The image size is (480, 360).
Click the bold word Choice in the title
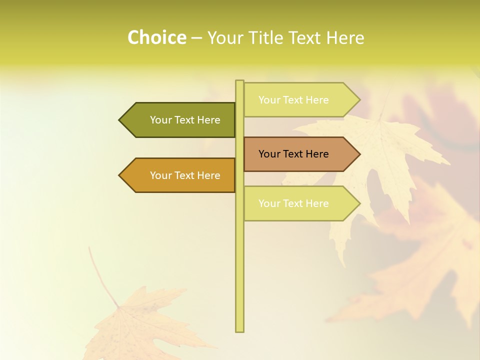[156, 37]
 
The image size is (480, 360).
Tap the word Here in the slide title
[345, 38]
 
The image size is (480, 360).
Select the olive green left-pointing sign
[180, 120]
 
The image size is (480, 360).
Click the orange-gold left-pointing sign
[180, 175]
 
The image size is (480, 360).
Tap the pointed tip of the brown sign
[359, 154]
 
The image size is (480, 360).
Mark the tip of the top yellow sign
[359, 100]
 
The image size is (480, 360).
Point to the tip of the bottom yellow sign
[359, 203]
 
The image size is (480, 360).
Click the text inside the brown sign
[293, 154]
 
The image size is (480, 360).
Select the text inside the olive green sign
[185, 120]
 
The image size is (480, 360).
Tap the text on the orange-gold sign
[185, 175]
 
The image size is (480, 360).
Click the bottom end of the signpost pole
[239, 330]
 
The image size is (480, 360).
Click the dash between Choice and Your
[196, 38]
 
